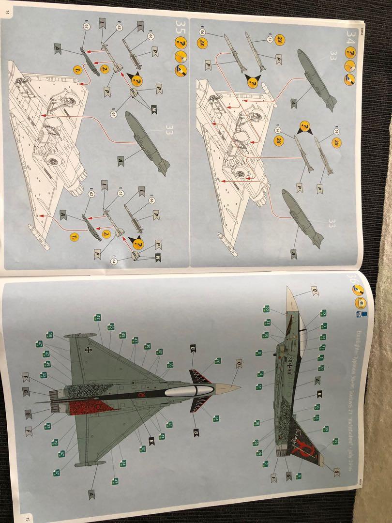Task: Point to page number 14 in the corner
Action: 8,13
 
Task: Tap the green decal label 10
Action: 49,335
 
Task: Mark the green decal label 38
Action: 218,361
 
